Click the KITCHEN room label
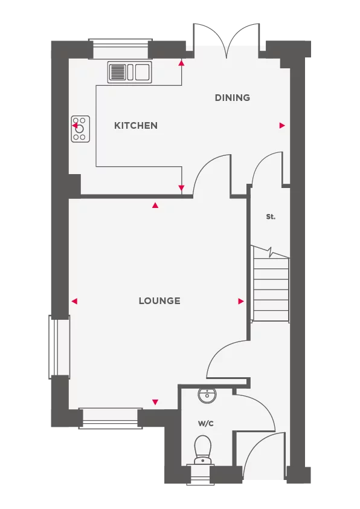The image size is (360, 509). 136,126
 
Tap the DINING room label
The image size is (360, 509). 233,98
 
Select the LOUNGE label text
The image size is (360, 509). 159,301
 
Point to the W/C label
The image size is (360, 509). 205,424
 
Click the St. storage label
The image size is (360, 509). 271,216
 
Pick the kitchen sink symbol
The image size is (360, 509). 129,73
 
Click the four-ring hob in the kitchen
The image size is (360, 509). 80,129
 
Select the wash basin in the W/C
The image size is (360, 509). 207,396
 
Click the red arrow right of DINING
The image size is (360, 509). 282,126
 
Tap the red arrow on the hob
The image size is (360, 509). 75,127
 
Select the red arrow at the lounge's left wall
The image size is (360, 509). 75,301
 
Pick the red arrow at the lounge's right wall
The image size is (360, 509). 241,301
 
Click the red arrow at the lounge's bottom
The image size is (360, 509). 155,402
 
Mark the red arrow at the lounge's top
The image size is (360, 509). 155,206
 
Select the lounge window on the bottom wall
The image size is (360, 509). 110,414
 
